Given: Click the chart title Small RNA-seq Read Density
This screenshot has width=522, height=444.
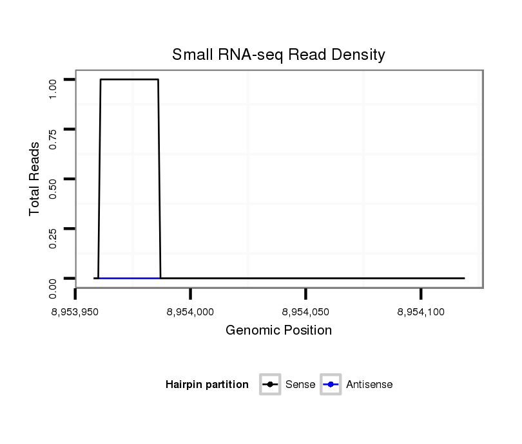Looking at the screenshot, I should [278, 55].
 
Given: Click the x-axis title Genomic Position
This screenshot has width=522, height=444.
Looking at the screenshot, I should [278, 331].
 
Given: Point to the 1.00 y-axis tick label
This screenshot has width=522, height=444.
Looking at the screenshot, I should [53, 89].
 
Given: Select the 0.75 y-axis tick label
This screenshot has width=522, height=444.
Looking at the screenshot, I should [53, 138].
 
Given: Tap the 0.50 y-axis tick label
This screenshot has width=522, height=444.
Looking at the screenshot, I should [53, 188].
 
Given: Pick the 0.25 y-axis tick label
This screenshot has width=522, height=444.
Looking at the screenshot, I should [53, 237].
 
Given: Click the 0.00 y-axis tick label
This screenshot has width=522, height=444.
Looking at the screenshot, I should [53, 288].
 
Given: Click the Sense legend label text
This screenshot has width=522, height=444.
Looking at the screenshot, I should [300, 385].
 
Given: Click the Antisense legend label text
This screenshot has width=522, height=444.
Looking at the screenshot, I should [369, 385].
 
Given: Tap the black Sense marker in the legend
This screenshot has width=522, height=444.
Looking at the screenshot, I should [270, 385].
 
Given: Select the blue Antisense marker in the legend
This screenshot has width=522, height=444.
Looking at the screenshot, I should [330, 385].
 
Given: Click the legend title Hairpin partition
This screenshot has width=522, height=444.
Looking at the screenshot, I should [207, 385].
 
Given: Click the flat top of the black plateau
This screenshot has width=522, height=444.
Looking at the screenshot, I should [129, 79].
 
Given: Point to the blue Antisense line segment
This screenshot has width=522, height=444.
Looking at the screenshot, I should [129, 278].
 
